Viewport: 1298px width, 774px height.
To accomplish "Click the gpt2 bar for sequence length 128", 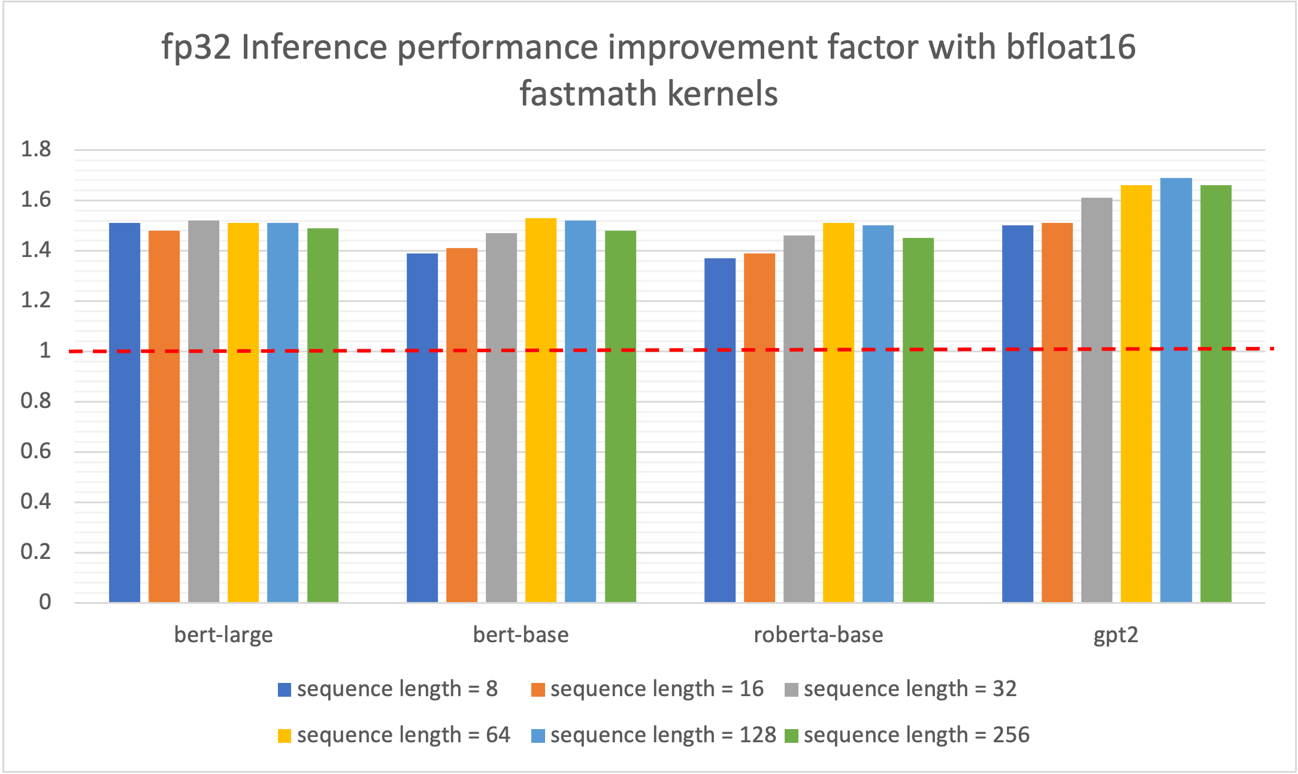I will pos(1176,389).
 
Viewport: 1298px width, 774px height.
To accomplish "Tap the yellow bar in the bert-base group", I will pos(541,410).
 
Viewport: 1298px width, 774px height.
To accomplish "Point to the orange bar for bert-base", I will pos(462,425).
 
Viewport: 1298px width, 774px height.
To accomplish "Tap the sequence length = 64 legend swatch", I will pos(285,736).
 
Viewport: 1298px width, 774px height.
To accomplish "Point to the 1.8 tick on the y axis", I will pos(36,149).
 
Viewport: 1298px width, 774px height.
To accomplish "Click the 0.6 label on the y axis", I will pos(36,451).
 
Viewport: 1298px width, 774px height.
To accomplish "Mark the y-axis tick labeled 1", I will pos(45,350).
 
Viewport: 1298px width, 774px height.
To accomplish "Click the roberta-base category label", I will pos(818,634).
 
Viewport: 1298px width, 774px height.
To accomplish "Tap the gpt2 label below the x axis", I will pos(1115,634).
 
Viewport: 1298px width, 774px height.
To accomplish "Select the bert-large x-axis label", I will pos(223,634).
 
